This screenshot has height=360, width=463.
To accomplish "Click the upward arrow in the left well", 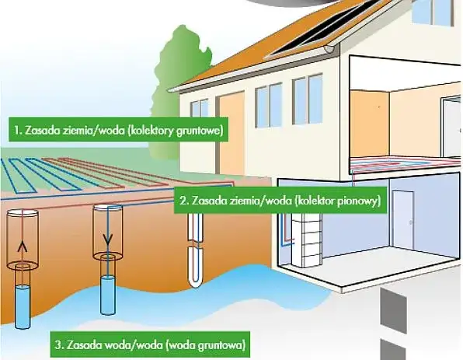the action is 23,246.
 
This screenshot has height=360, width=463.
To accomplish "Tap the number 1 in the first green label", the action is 16,131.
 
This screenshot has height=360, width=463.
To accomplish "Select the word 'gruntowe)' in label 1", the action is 199,131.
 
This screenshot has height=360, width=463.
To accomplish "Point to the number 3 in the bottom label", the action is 58,345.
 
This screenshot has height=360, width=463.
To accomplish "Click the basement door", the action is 402,220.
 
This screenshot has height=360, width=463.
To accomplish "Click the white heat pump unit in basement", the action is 305,240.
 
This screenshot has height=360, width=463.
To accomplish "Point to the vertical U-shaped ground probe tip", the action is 195,285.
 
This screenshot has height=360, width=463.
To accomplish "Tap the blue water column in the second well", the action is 107,295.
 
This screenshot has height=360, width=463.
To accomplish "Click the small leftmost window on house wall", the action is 200,109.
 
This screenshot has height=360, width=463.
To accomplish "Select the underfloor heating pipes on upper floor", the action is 405,163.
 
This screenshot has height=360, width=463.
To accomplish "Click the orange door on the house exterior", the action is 231,132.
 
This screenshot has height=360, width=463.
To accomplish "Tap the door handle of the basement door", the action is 410,222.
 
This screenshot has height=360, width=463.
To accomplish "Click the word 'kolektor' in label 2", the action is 311,201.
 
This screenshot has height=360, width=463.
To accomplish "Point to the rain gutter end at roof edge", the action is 329,49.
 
